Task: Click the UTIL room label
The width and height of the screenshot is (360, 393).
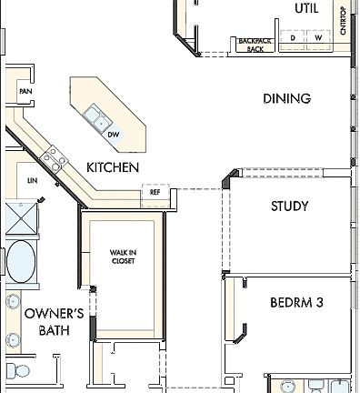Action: pos(306,8)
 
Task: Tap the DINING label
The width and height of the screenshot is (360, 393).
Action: pos(286,98)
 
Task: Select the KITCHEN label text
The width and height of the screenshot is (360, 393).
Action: pos(113,167)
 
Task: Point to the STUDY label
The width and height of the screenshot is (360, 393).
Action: pos(289,207)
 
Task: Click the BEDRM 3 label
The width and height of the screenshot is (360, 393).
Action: pos(297,302)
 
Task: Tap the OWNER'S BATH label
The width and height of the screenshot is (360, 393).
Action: pos(55,322)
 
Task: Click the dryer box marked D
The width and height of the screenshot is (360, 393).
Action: pos(294,38)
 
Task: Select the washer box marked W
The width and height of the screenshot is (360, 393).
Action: pos(318,38)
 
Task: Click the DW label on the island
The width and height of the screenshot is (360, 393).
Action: pos(114,136)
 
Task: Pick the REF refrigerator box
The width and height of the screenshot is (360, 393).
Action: pos(155,193)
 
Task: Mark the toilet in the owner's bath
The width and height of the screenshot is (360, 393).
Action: pos(16,370)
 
